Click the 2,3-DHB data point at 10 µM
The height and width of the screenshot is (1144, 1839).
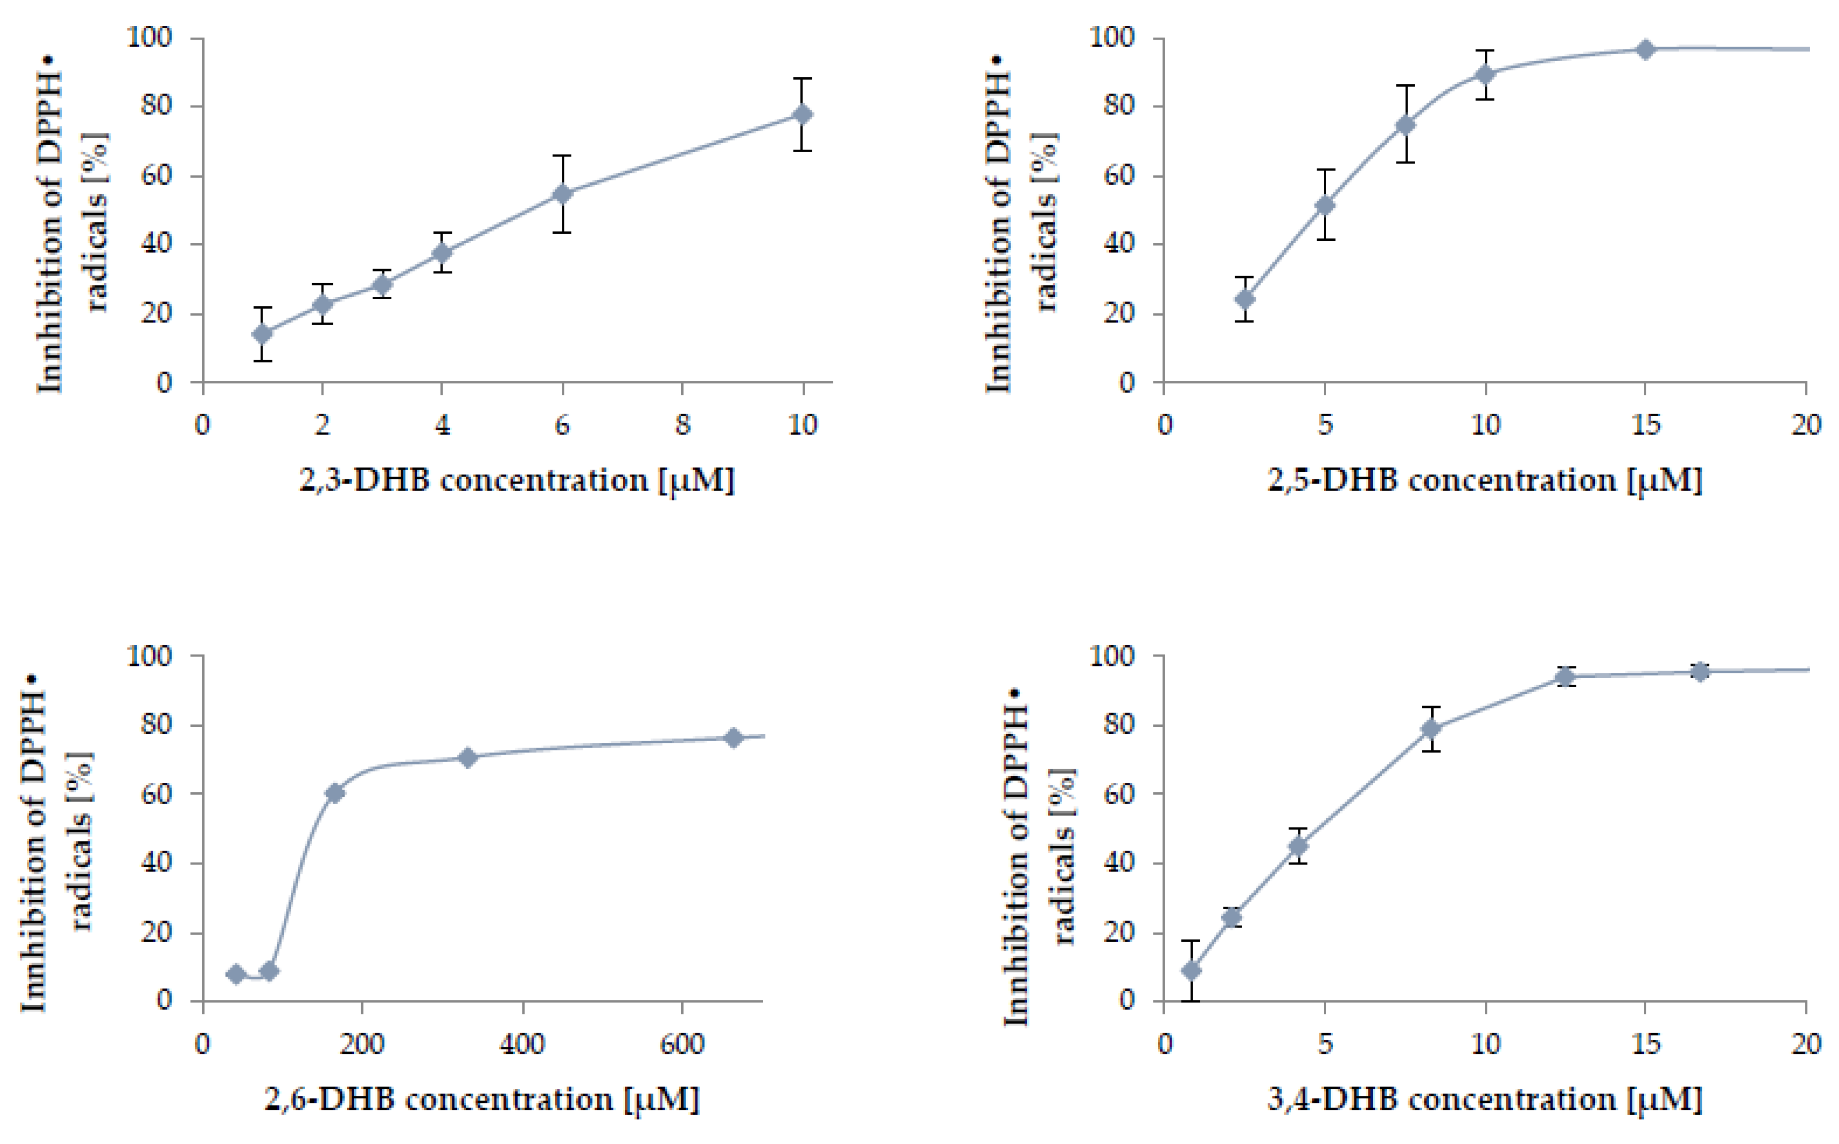803,114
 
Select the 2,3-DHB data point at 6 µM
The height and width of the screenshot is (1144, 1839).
562,194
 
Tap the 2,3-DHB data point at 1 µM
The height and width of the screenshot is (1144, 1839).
263,333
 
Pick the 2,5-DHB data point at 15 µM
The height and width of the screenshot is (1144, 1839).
1645,50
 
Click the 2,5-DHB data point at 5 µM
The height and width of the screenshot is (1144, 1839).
1325,205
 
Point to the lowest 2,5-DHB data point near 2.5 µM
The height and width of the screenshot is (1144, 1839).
1244,299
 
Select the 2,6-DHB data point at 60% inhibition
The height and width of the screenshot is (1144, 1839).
334,793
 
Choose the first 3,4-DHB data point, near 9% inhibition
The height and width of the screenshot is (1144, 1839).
1191,970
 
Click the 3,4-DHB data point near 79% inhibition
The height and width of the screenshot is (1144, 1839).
1430,729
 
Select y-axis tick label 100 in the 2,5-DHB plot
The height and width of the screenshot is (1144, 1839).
1112,38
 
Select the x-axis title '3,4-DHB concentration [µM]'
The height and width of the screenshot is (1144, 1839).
1484,1099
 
